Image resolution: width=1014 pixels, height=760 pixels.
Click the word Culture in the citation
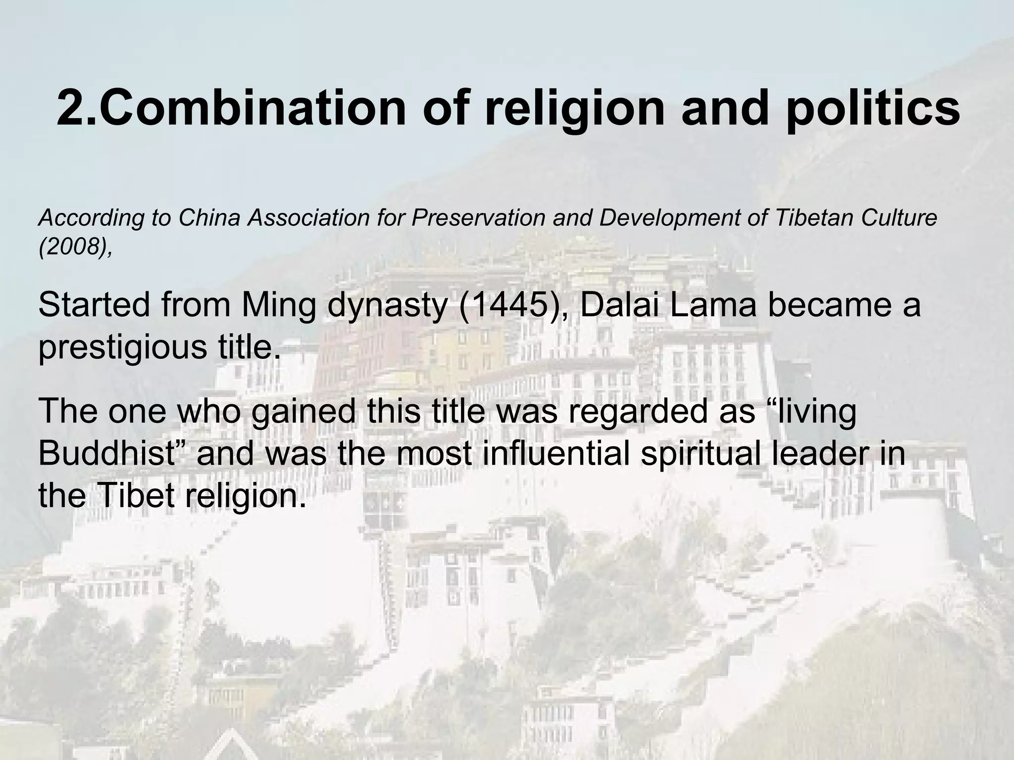(896, 218)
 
